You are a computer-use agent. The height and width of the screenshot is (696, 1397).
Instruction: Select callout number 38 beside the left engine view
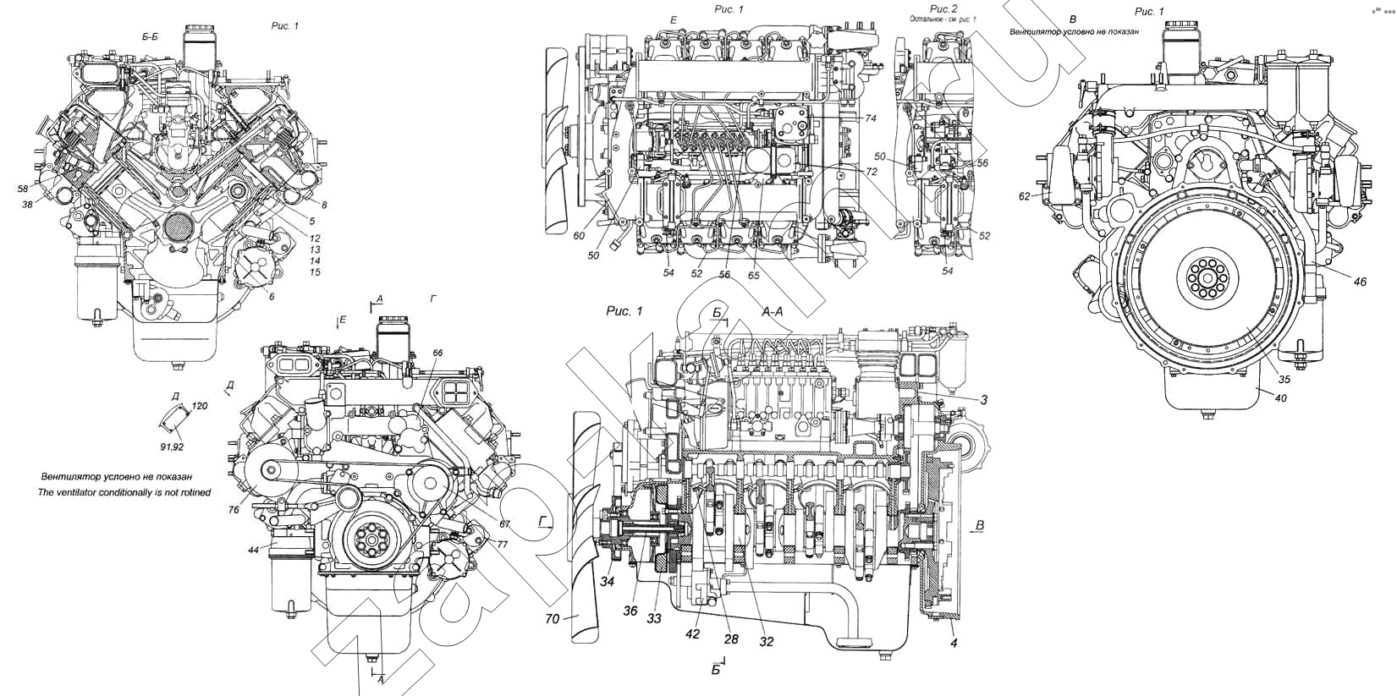click(29, 205)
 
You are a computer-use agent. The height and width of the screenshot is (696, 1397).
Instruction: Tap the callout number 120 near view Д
click(200, 406)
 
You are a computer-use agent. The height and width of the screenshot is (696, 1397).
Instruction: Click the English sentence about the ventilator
click(125, 491)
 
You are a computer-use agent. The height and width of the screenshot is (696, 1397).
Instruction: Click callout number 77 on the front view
click(502, 545)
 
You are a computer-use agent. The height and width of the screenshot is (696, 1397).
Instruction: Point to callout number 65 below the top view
click(753, 276)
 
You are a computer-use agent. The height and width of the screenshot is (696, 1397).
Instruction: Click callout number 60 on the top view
click(578, 236)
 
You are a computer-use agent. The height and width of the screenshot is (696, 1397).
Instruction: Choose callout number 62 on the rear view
click(1025, 195)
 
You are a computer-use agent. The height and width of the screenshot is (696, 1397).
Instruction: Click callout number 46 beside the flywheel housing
click(1359, 282)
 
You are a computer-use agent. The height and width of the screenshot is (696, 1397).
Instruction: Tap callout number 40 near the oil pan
click(1280, 398)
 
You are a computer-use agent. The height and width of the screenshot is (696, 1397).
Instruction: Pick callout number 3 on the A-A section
click(984, 400)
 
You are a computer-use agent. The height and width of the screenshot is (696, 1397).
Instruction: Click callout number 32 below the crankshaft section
click(766, 642)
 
